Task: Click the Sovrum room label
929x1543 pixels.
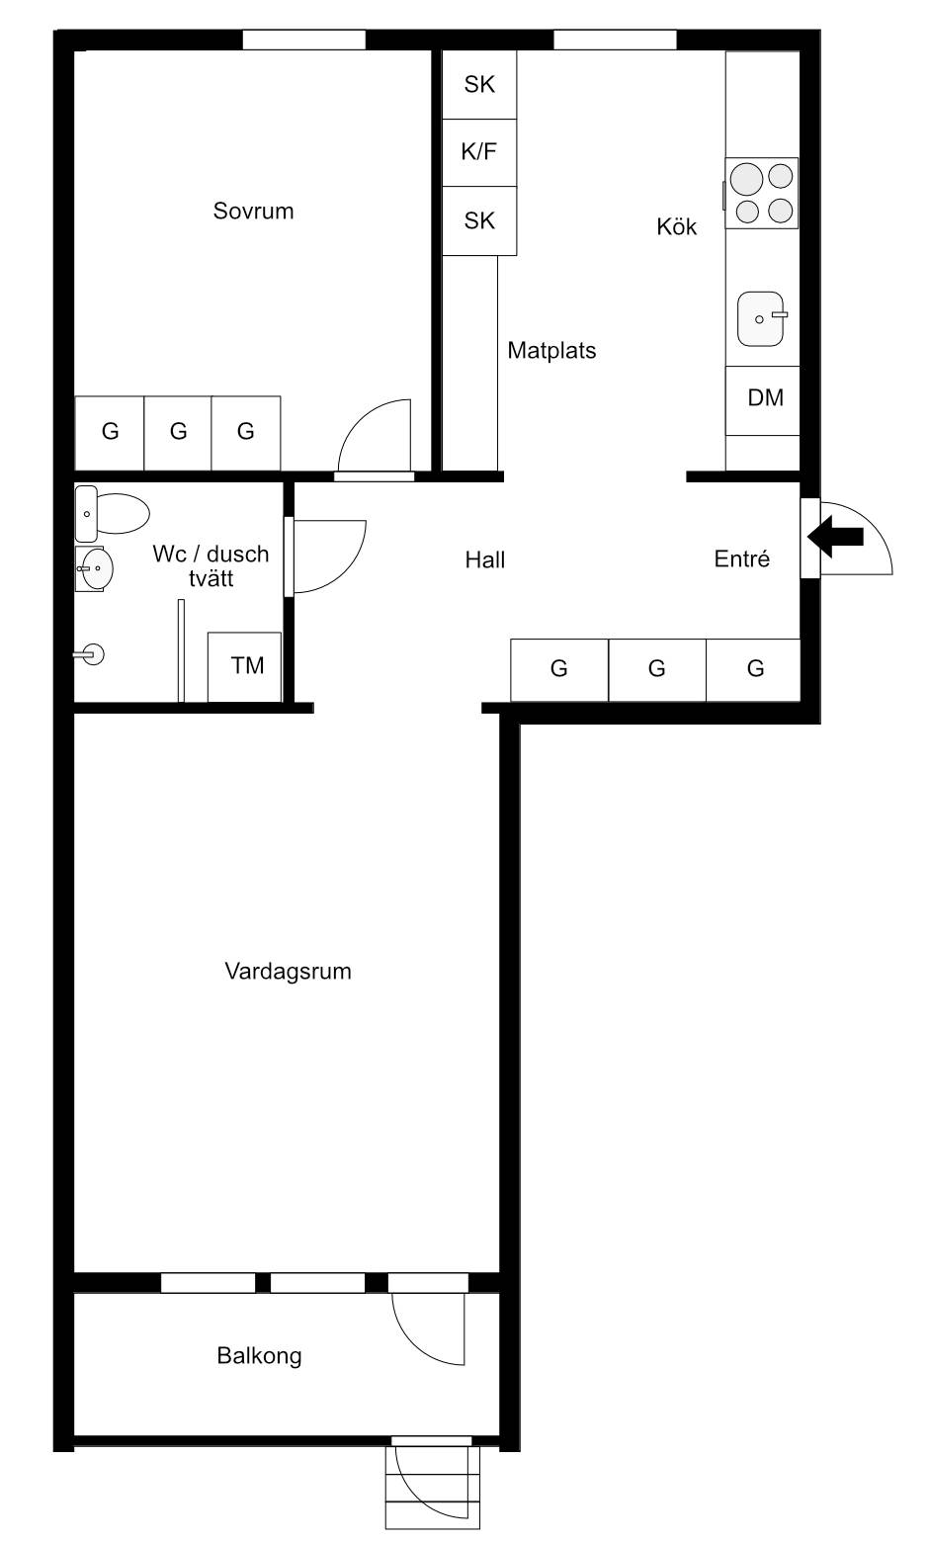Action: pyautogui.click(x=253, y=211)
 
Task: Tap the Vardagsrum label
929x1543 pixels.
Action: pyautogui.click(x=288, y=972)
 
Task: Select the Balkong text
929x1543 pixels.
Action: pyautogui.click(x=259, y=1356)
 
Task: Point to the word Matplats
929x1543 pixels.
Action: pyautogui.click(x=551, y=351)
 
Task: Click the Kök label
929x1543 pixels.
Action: pyautogui.click(x=676, y=226)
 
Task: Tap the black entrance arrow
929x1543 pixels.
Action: pyautogui.click(x=835, y=537)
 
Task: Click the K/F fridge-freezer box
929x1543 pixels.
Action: pyautogui.click(x=479, y=152)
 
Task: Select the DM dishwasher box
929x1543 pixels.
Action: pyautogui.click(x=762, y=400)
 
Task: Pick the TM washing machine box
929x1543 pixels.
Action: pyautogui.click(x=244, y=667)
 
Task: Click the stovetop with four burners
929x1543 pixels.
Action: pyautogui.click(x=762, y=194)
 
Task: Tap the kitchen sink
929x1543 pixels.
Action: pyautogui.click(x=761, y=319)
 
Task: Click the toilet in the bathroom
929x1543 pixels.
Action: pyautogui.click(x=112, y=514)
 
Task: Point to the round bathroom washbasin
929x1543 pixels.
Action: pyautogui.click(x=94, y=569)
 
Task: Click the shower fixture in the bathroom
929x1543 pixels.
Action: pyautogui.click(x=89, y=653)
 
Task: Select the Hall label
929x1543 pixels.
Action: pyautogui.click(x=485, y=560)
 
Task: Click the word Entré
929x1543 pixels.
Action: pyautogui.click(x=741, y=558)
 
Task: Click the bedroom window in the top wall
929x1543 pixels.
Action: pyautogui.click(x=303, y=40)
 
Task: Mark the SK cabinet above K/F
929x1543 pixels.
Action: pyautogui.click(x=479, y=85)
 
